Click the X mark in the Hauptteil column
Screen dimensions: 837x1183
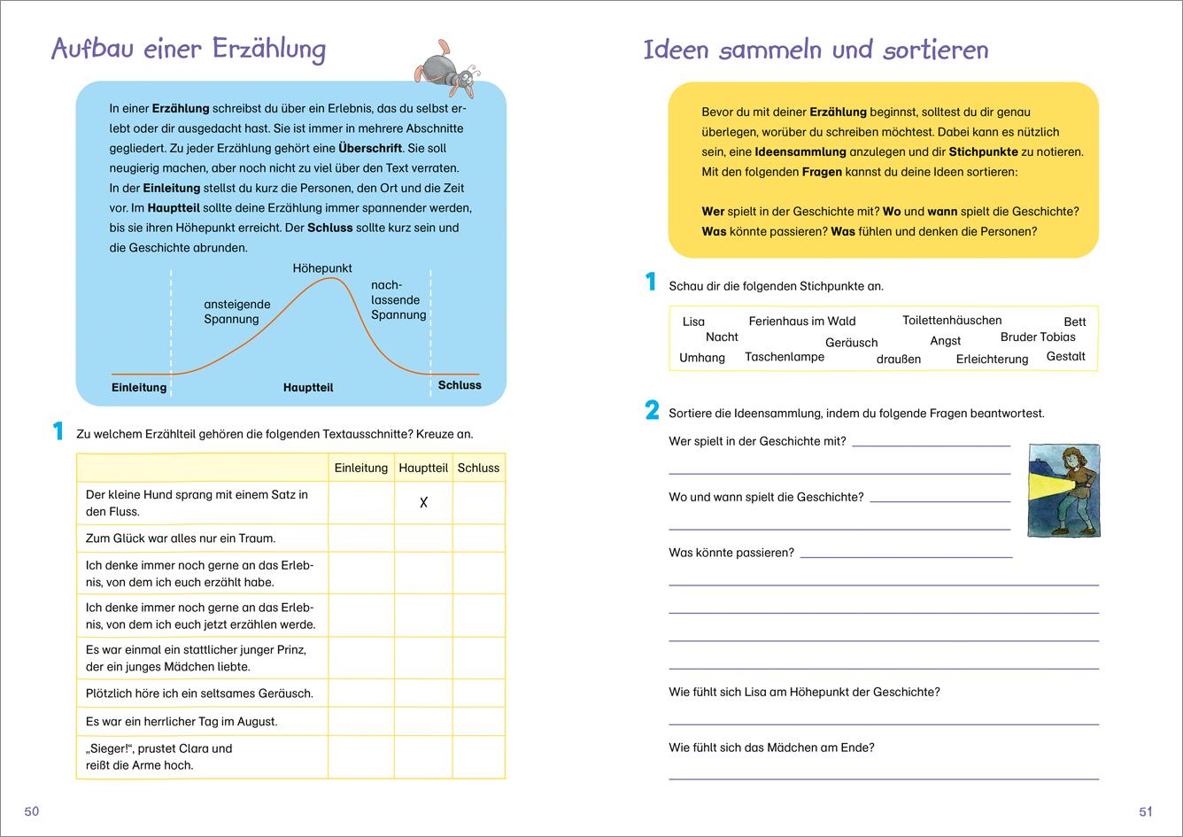(423, 503)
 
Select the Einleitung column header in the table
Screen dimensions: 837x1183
(360, 468)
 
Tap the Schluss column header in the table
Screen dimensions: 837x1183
(478, 468)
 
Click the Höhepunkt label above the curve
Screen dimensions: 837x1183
(322, 267)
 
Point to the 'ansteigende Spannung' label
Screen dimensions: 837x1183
(237, 312)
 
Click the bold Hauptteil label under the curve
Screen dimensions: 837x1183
(308, 387)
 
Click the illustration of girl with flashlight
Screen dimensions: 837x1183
(1063, 491)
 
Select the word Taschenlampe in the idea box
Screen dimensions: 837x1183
(784, 357)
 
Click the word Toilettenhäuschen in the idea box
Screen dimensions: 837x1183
(952, 320)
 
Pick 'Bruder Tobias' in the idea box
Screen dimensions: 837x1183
(1038, 337)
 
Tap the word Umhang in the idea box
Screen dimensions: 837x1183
(701, 358)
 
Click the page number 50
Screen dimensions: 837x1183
(32, 811)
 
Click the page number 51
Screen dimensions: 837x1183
(1146, 811)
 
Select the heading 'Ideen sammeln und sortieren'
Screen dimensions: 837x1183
(816, 50)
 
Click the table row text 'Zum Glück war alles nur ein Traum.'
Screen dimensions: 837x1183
(181, 538)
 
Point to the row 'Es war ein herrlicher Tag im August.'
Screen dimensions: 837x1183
(182, 721)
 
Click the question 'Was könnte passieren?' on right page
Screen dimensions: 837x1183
(731, 553)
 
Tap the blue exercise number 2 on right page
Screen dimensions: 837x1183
(653, 410)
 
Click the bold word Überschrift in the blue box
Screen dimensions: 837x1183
(370, 148)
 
